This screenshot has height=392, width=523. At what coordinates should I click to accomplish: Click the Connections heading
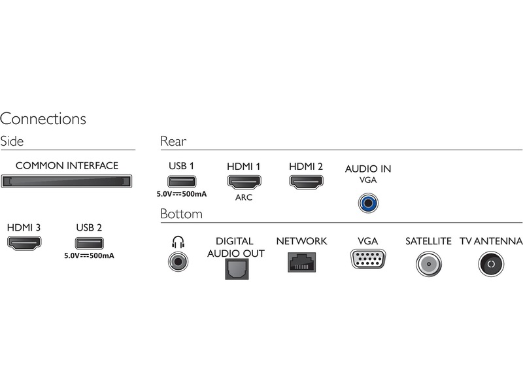coord(43,119)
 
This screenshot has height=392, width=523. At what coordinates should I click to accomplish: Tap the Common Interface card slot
coord(67,181)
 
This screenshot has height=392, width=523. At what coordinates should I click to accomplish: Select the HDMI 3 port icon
coord(24,244)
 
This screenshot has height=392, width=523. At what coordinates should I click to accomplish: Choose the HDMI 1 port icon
coord(243,181)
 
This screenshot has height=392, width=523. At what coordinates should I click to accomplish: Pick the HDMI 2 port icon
coord(306,181)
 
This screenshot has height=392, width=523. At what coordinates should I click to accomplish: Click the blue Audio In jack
coord(368,203)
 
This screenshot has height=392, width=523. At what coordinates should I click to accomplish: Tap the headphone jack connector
coord(177,263)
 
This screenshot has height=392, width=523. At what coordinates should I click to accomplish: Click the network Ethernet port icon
coord(301,262)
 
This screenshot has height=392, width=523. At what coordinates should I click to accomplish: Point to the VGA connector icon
coord(367,260)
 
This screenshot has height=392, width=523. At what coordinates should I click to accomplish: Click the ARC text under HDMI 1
coord(243,197)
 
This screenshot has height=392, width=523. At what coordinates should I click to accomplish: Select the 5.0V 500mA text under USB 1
coord(181,194)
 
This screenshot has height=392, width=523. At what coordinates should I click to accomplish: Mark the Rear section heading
coord(173,141)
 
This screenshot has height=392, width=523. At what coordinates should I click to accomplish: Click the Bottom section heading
coord(181,214)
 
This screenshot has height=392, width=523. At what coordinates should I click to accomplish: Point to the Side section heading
coord(12,141)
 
